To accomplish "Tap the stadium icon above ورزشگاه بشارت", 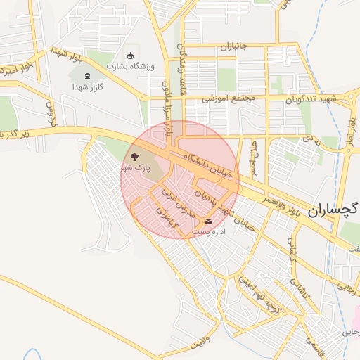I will click(x=129, y=56).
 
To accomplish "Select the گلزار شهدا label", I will click(x=88, y=86).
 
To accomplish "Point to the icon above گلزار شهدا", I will click(x=87, y=76).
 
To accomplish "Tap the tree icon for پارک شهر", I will click(x=134, y=157).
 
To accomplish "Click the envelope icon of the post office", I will click(x=207, y=221).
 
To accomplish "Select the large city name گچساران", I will click(x=333, y=210).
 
